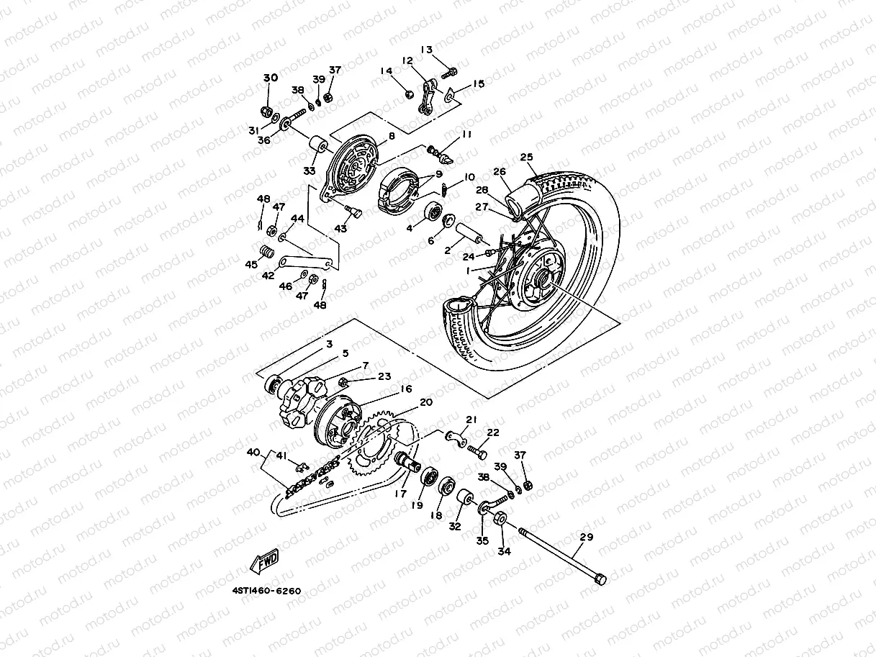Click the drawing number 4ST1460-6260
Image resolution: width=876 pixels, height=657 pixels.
click(266, 591)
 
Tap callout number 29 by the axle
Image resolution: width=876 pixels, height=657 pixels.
click(586, 538)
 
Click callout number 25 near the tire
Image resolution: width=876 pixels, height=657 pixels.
click(526, 156)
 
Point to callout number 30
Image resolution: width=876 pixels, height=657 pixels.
click(270, 78)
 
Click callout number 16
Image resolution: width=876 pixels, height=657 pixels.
click(406, 389)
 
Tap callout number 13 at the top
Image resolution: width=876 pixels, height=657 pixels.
click(427, 50)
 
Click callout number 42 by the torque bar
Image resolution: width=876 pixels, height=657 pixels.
click(268, 275)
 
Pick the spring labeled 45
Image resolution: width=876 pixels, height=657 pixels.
click(266, 253)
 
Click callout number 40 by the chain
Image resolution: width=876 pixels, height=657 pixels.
click(253, 453)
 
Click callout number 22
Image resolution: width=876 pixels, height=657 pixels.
click(492, 432)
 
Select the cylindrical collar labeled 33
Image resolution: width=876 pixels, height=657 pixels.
click(317, 151)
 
